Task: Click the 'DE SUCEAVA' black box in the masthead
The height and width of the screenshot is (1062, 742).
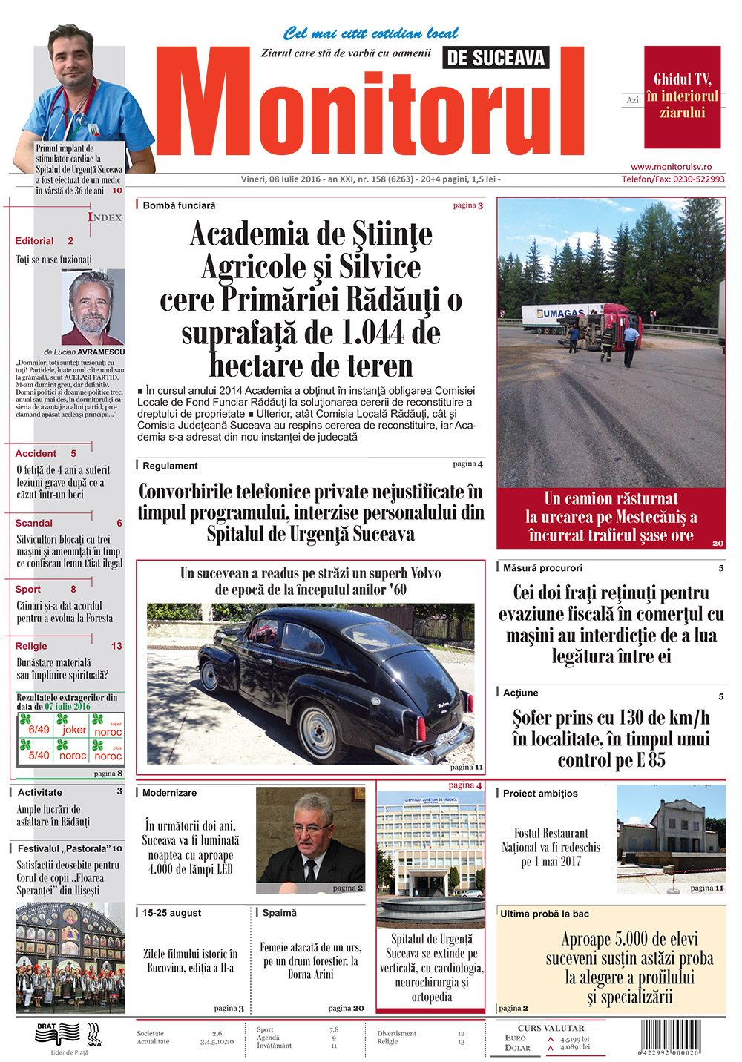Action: [x=496, y=58]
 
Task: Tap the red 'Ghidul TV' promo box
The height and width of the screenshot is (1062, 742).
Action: [x=682, y=96]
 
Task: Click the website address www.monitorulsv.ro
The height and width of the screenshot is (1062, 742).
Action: [x=671, y=167]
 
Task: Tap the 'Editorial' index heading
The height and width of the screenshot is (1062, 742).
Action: [x=34, y=241]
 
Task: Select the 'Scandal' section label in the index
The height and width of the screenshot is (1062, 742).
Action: [x=34, y=523]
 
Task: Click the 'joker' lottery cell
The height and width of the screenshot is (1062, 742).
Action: [x=74, y=730]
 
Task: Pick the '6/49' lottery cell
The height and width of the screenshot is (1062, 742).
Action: [x=39, y=730]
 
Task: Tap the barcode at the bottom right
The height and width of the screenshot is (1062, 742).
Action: [x=669, y=1038]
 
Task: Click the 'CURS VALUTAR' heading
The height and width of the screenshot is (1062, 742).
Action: [x=551, y=1028]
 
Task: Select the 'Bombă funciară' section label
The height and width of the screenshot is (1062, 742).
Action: [x=179, y=205]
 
